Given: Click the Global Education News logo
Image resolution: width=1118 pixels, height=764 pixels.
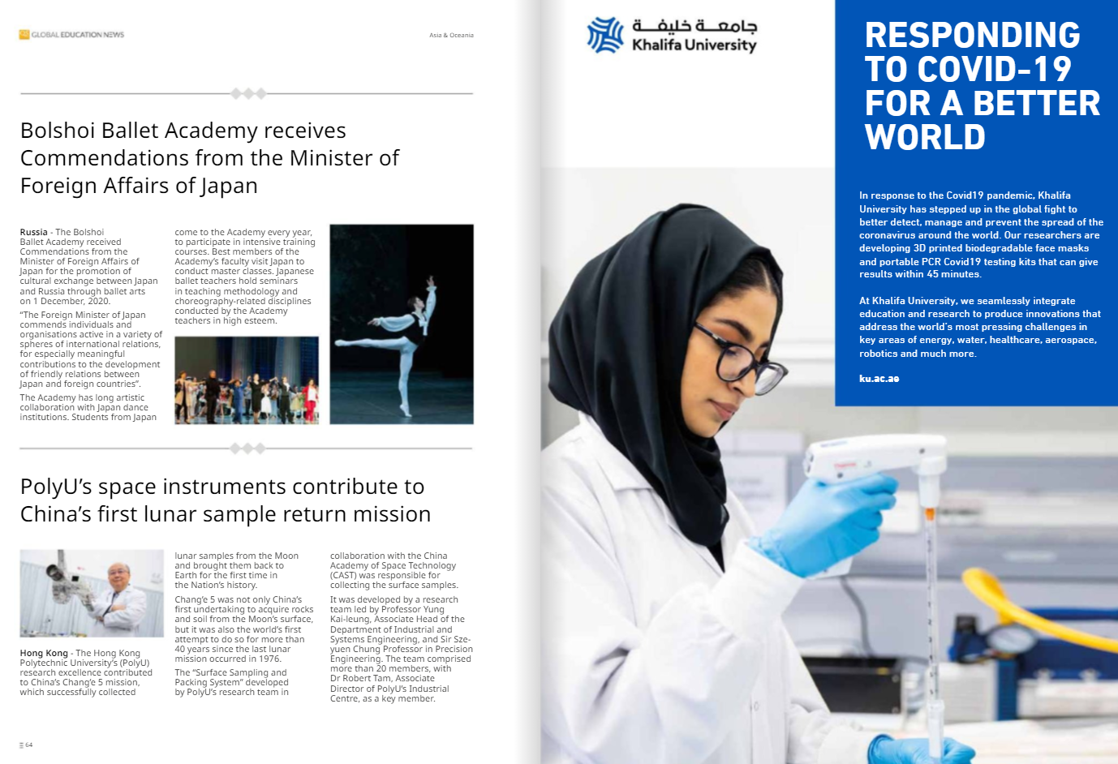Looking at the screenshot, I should pos(71,35).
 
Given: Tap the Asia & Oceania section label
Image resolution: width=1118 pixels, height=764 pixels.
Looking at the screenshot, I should pos(451,36).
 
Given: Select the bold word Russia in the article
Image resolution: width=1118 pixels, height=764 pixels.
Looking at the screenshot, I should pos(33,232).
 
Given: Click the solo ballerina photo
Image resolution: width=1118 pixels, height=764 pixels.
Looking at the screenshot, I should pos(401,324).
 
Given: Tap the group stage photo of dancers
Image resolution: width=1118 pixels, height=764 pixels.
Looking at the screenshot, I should pos(247,380).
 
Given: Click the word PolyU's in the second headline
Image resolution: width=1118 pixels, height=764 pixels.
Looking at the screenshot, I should pos(57,487).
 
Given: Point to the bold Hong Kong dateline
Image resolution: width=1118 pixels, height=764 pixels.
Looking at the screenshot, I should pos(44,653).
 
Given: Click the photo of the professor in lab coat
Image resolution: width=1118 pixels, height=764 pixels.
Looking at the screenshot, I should pos(92,593).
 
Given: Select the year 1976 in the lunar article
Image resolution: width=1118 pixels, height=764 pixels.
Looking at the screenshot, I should pos(269,659).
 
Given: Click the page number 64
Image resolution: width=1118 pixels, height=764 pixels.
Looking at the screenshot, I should pos(28,745).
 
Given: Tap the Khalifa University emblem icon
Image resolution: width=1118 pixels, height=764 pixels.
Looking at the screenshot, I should pos(605,36).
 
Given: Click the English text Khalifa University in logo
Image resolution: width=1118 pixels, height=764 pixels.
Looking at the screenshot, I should pos(694,45).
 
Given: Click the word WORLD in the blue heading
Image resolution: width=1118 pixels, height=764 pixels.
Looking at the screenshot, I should pos(925,138).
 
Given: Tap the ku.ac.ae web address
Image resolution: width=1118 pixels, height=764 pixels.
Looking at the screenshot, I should pos(879,379).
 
